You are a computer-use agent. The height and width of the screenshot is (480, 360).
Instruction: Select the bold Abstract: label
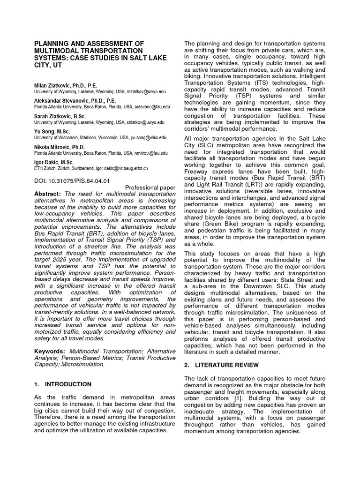pyautogui.click(x=48, y=194)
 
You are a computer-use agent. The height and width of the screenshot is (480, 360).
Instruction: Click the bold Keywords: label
pyautogui.click(x=50, y=351)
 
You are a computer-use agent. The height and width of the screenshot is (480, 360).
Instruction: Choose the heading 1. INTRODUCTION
pyautogui.click(x=63, y=384)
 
